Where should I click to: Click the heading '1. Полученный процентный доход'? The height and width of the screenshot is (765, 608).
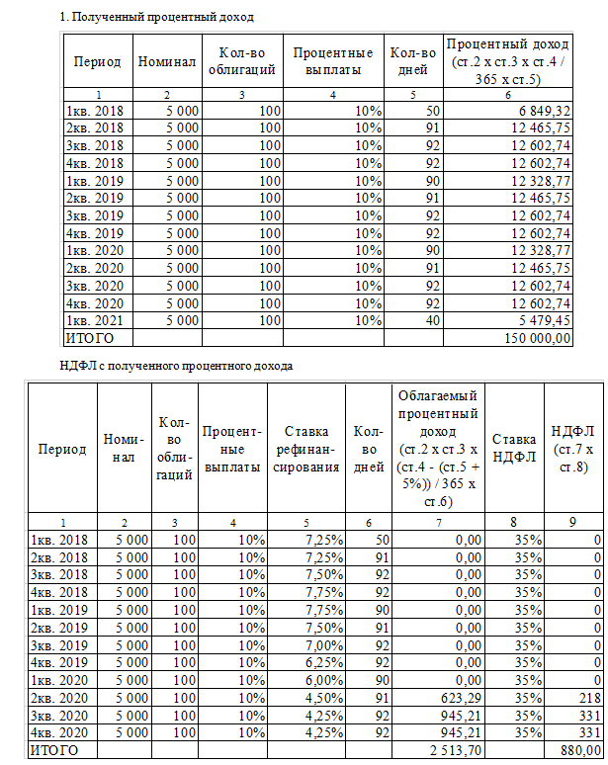(x=157, y=17)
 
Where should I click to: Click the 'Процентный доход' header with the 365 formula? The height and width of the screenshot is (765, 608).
(x=507, y=61)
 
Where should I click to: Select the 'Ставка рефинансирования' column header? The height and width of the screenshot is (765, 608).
(x=306, y=450)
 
